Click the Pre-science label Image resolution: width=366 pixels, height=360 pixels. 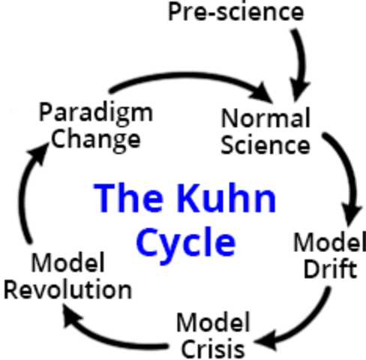click(235, 13)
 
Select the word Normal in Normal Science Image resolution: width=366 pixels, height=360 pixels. click(265, 118)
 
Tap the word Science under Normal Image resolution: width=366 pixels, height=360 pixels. click(265, 143)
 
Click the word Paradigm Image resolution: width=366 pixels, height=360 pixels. click(95, 113)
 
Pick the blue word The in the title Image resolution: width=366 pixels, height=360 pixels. click(124, 198)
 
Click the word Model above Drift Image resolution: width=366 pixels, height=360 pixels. click(325, 243)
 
